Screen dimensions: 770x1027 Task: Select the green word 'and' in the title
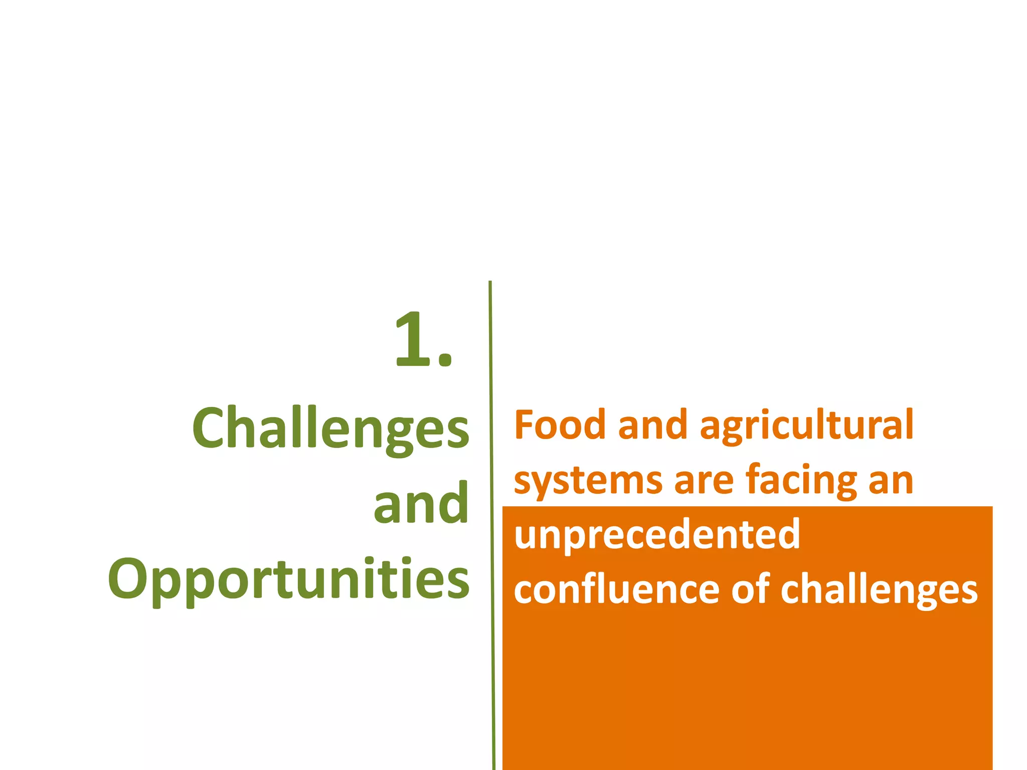(x=421, y=503)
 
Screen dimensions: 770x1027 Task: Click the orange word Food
(x=560, y=425)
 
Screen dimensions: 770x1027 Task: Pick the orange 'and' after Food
(x=652, y=425)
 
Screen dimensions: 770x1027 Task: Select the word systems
(x=588, y=481)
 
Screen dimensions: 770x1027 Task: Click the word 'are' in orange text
(x=704, y=481)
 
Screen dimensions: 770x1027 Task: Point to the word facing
(x=801, y=481)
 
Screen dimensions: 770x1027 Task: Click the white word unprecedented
(x=657, y=535)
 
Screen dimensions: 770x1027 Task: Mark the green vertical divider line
(x=492, y=526)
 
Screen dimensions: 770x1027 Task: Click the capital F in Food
(x=525, y=425)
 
